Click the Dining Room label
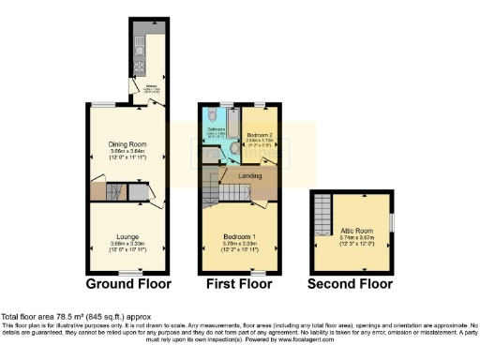click(x=127, y=143)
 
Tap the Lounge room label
click(x=127, y=236)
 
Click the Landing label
click(x=249, y=175)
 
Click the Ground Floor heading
click(x=127, y=283)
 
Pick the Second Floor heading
click(x=352, y=283)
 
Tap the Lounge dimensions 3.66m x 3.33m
click(x=127, y=244)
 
